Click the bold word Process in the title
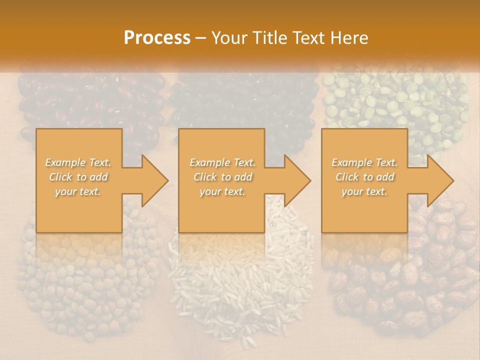click(x=157, y=37)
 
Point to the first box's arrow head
click(x=154, y=180)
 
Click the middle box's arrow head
click(x=297, y=180)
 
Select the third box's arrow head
click(x=440, y=180)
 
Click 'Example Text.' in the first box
click(x=78, y=162)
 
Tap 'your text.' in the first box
click(x=78, y=191)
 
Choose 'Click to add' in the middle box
click(x=222, y=177)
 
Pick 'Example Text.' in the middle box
click(x=222, y=162)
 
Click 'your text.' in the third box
click(x=364, y=191)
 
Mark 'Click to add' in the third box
click(x=364, y=177)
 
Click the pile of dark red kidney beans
click(x=90, y=102)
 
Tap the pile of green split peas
click(x=395, y=100)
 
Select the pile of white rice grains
click(x=240, y=280)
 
